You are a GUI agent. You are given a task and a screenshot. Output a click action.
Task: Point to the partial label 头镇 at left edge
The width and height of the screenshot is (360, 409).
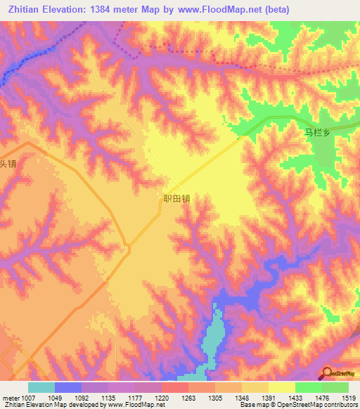tap(7, 164)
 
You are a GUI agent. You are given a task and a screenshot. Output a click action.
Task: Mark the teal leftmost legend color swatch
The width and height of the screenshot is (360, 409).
tap(41, 387)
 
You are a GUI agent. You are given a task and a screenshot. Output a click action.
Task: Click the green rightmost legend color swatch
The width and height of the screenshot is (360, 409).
tap(335, 387)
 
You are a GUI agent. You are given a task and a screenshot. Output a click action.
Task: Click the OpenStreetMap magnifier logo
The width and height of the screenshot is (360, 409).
tap(326, 372)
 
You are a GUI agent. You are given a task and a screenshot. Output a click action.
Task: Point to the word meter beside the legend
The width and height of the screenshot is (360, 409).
tap(11, 398)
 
